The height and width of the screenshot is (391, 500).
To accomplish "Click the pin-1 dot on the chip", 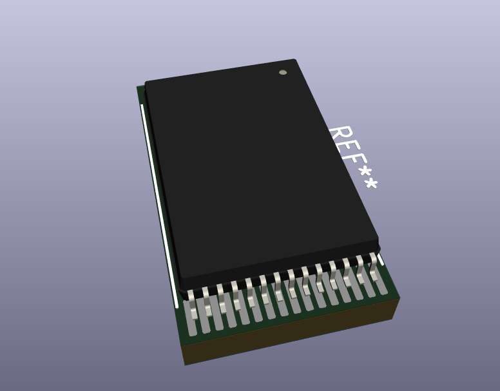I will click(283, 72).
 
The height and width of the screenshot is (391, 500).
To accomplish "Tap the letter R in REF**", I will click(340, 137).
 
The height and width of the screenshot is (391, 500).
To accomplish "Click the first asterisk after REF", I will click(365, 173).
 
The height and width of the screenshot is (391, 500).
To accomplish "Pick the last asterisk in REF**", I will click(371, 185).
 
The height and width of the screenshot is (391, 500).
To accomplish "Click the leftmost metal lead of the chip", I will click(191, 303).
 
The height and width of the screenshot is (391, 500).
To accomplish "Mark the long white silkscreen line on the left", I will click(159, 200).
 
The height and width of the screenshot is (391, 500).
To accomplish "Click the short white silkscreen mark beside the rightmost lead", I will click(381, 258).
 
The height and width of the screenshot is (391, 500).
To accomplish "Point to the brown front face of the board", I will click(290, 335).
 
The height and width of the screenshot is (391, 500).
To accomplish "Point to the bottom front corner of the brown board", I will click(186, 365).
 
